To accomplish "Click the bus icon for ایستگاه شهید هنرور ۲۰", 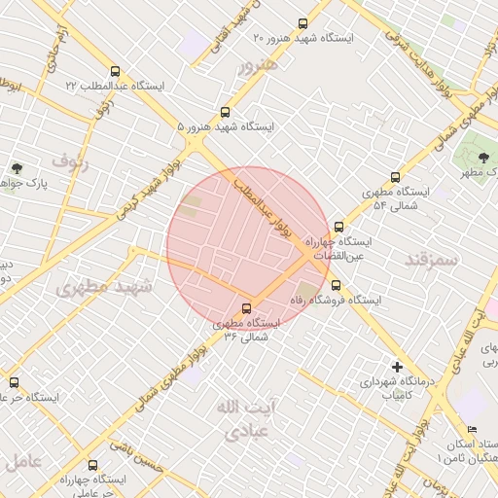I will pos(302,23).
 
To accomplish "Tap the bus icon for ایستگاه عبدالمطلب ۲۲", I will pos(116,71).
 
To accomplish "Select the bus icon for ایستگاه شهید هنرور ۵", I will pos(226,112).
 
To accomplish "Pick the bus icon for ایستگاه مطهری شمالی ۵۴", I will pos(395,177).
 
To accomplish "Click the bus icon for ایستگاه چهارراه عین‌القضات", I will pos(338,226).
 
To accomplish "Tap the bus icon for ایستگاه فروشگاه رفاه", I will pos(336,285).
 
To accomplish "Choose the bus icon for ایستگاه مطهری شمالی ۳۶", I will pos(245,307).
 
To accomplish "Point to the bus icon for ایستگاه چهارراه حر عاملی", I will pos(92,465).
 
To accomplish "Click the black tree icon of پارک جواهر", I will pos(17,169).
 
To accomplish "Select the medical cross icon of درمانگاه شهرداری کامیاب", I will pos(397,367).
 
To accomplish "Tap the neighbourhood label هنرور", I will pos(258,65).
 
